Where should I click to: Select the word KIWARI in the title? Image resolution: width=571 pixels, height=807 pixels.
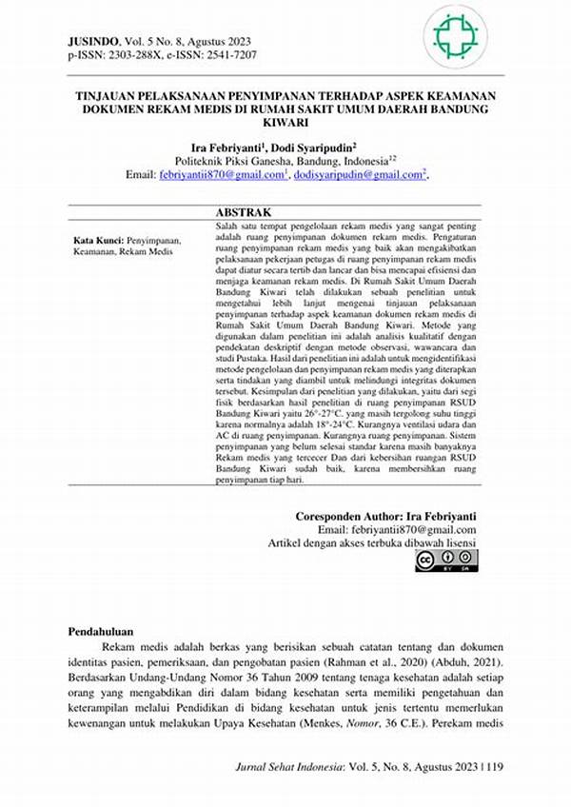pos(285,124)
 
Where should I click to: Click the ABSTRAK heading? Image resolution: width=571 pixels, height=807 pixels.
pos(244,211)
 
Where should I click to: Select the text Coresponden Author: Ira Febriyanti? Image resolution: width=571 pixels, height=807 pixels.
pos(385,516)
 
